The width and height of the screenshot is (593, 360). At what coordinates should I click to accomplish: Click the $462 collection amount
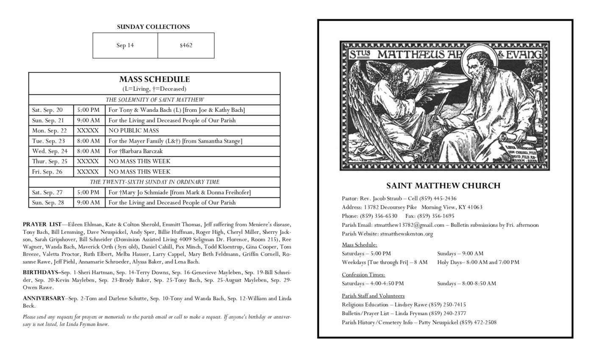tap(186, 45)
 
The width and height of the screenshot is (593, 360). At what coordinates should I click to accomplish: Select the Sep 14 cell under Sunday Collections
tap(125, 45)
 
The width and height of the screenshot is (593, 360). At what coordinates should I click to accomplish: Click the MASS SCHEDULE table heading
tap(154, 79)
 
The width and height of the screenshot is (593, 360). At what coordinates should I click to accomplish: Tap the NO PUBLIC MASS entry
tap(133, 130)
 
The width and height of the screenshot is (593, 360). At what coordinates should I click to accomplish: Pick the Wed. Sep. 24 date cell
tap(50, 151)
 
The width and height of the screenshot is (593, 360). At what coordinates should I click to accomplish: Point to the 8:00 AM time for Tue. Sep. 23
tap(89, 141)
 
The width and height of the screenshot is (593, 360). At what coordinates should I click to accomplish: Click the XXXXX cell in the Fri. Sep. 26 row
tap(88, 172)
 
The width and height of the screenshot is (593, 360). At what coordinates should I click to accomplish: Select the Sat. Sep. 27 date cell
tap(47, 192)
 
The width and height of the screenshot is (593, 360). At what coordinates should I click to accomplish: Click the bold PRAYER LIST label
tap(42, 224)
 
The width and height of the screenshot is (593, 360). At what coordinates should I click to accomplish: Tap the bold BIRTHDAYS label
tap(41, 272)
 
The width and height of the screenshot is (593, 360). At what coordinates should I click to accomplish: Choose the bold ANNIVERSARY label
tap(44, 299)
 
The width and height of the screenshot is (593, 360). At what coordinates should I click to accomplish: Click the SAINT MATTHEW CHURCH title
tap(443, 186)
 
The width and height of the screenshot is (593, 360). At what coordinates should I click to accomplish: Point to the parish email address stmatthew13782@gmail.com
tap(409, 225)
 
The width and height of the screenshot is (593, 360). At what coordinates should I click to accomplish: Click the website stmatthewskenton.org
tap(406, 234)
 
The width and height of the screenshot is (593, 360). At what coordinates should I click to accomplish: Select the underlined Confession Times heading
tap(363, 274)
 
